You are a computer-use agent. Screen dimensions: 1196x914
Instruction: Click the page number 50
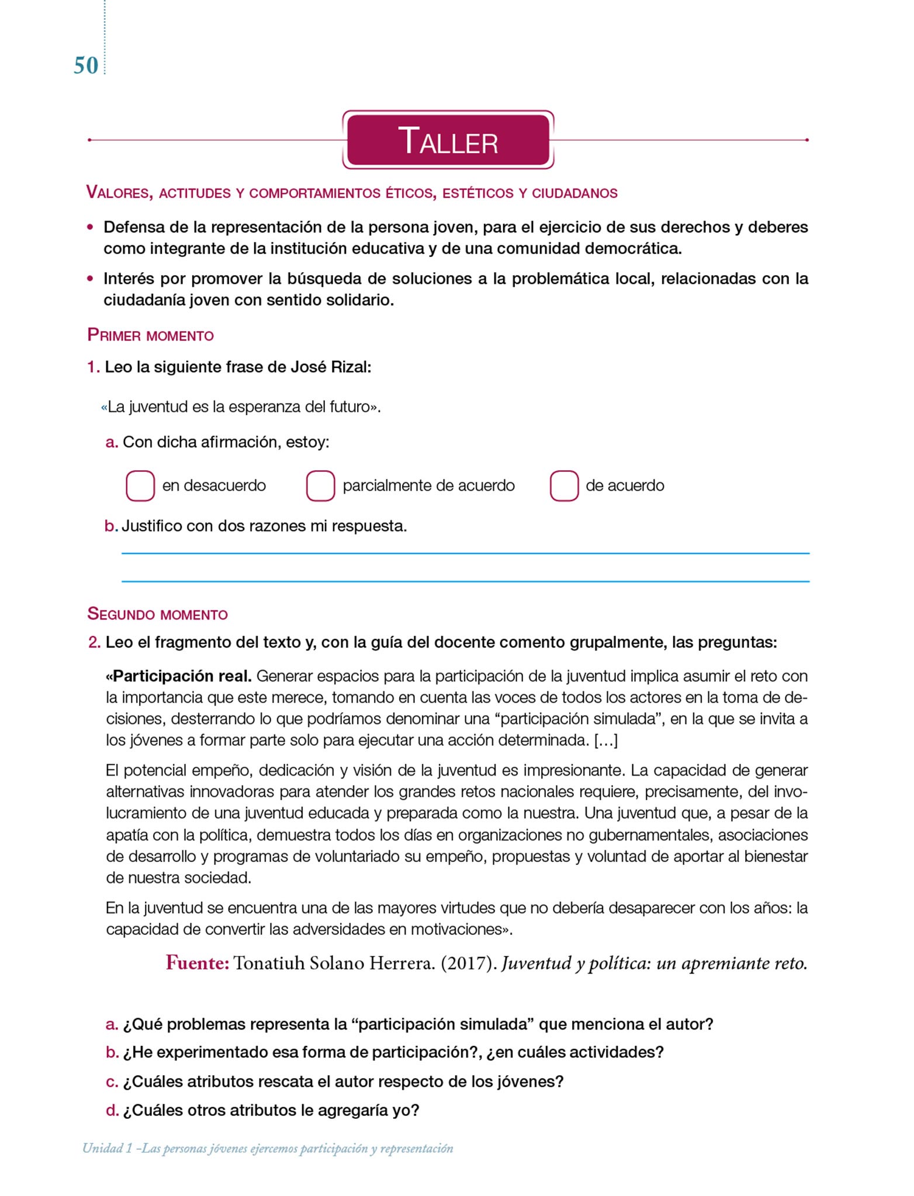[86, 65]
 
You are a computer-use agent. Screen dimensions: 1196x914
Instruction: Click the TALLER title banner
[448, 140]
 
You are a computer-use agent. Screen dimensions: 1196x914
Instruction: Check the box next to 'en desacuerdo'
[140, 486]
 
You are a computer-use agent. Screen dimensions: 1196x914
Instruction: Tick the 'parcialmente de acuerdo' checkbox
[320, 486]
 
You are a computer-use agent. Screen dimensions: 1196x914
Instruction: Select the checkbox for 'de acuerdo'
[564, 486]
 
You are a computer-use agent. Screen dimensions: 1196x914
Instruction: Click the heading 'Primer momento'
[150, 335]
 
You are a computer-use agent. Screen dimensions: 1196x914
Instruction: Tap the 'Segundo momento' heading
[157, 614]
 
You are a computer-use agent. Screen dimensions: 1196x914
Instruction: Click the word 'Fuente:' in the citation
[197, 963]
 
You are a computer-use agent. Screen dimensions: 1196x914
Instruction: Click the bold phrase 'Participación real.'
[179, 676]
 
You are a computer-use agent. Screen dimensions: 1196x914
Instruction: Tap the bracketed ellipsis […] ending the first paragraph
[605, 740]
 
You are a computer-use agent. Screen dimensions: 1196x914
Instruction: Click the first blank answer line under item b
[465, 553]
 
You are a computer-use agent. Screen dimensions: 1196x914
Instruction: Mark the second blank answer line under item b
[465, 582]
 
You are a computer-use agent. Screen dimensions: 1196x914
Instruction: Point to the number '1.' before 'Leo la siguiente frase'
[94, 367]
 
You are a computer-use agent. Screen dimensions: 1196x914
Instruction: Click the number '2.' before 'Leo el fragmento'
[94, 643]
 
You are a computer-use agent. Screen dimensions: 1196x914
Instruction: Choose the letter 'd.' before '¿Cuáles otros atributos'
[112, 1110]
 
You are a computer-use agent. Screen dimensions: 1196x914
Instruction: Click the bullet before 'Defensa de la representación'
[90, 227]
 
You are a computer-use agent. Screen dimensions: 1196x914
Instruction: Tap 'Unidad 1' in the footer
[107, 1149]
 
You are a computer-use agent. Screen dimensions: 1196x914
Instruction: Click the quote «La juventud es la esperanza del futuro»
[241, 407]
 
